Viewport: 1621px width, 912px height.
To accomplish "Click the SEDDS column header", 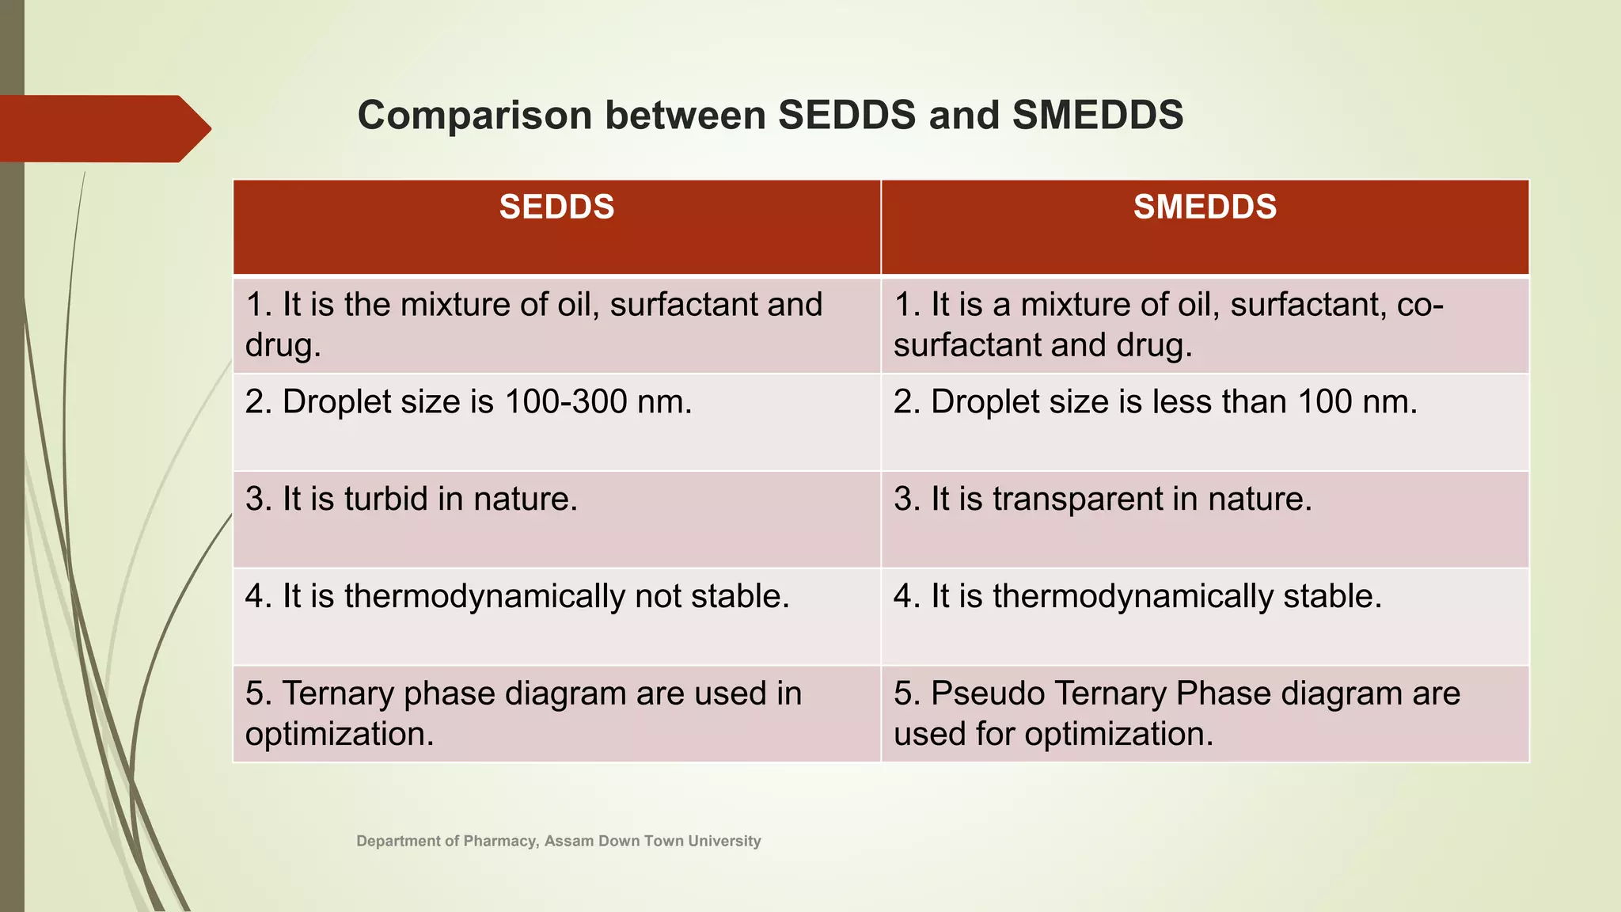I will tap(556, 207).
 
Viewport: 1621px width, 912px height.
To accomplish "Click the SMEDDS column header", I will tap(1205, 207).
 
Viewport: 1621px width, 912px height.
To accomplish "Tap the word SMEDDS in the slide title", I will tap(1098, 116).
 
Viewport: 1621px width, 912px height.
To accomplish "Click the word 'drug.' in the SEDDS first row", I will tap(283, 346).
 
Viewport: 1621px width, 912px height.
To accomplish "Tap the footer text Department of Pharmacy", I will tap(447, 841).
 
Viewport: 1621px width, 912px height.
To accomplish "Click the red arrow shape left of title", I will tap(103, 128).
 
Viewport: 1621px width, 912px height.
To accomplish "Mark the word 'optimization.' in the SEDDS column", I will tap(340, 734).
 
